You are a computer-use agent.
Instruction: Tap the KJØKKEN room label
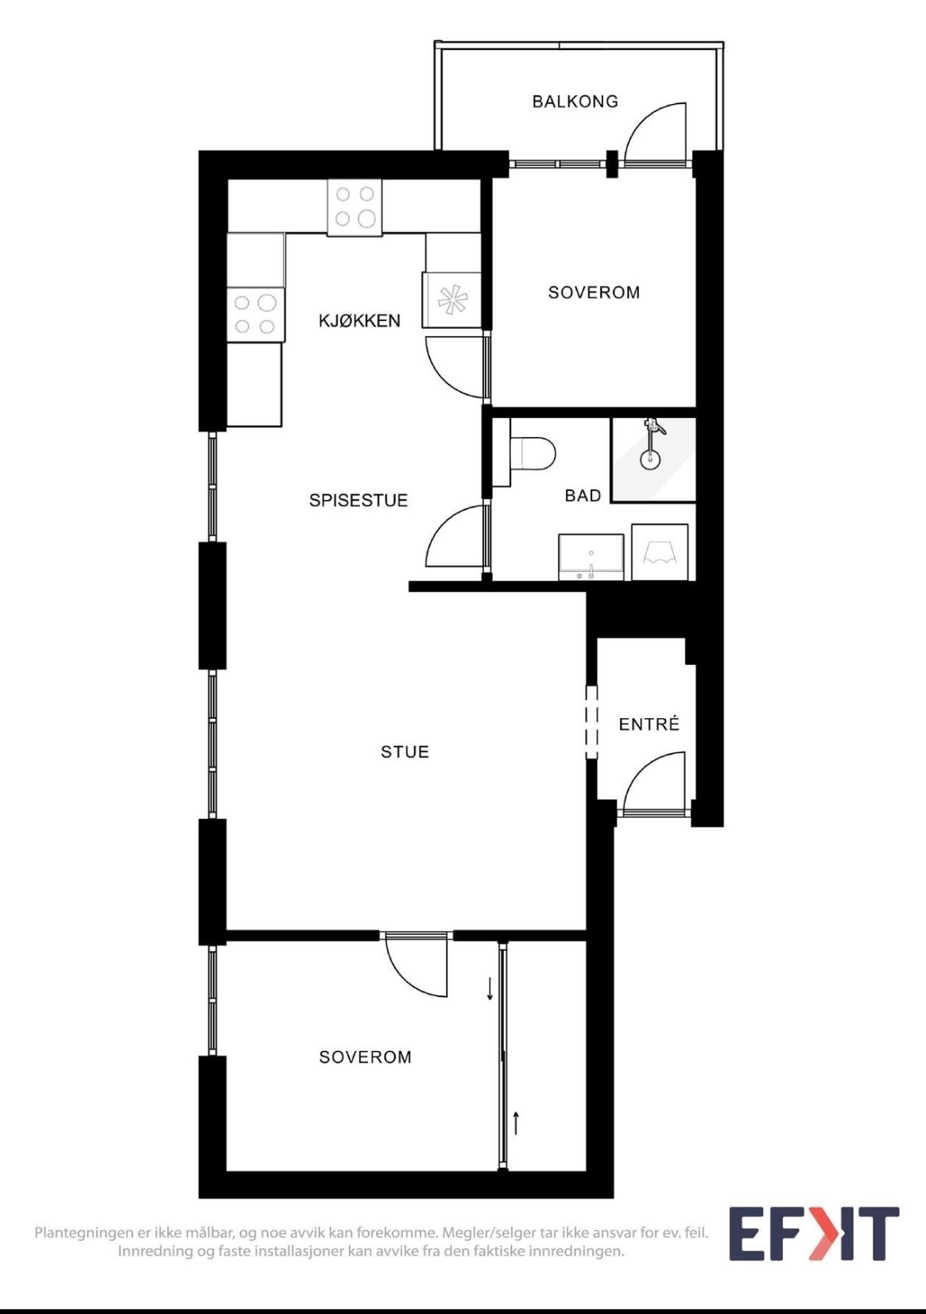(x=360, y=321)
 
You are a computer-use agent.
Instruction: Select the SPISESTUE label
(x=358, y=500)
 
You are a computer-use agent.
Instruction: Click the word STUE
(x=405, y=752)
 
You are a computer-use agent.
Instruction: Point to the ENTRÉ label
(x=649, y=724)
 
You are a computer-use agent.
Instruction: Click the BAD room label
(x=583, y=496)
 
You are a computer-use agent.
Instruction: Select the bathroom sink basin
(x=591, y=556)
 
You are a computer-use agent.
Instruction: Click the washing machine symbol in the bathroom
(x=660, y=552)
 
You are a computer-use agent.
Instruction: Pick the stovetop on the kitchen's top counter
(x=355, y=207)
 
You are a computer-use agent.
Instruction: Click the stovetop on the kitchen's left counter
(x=257, y=315)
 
